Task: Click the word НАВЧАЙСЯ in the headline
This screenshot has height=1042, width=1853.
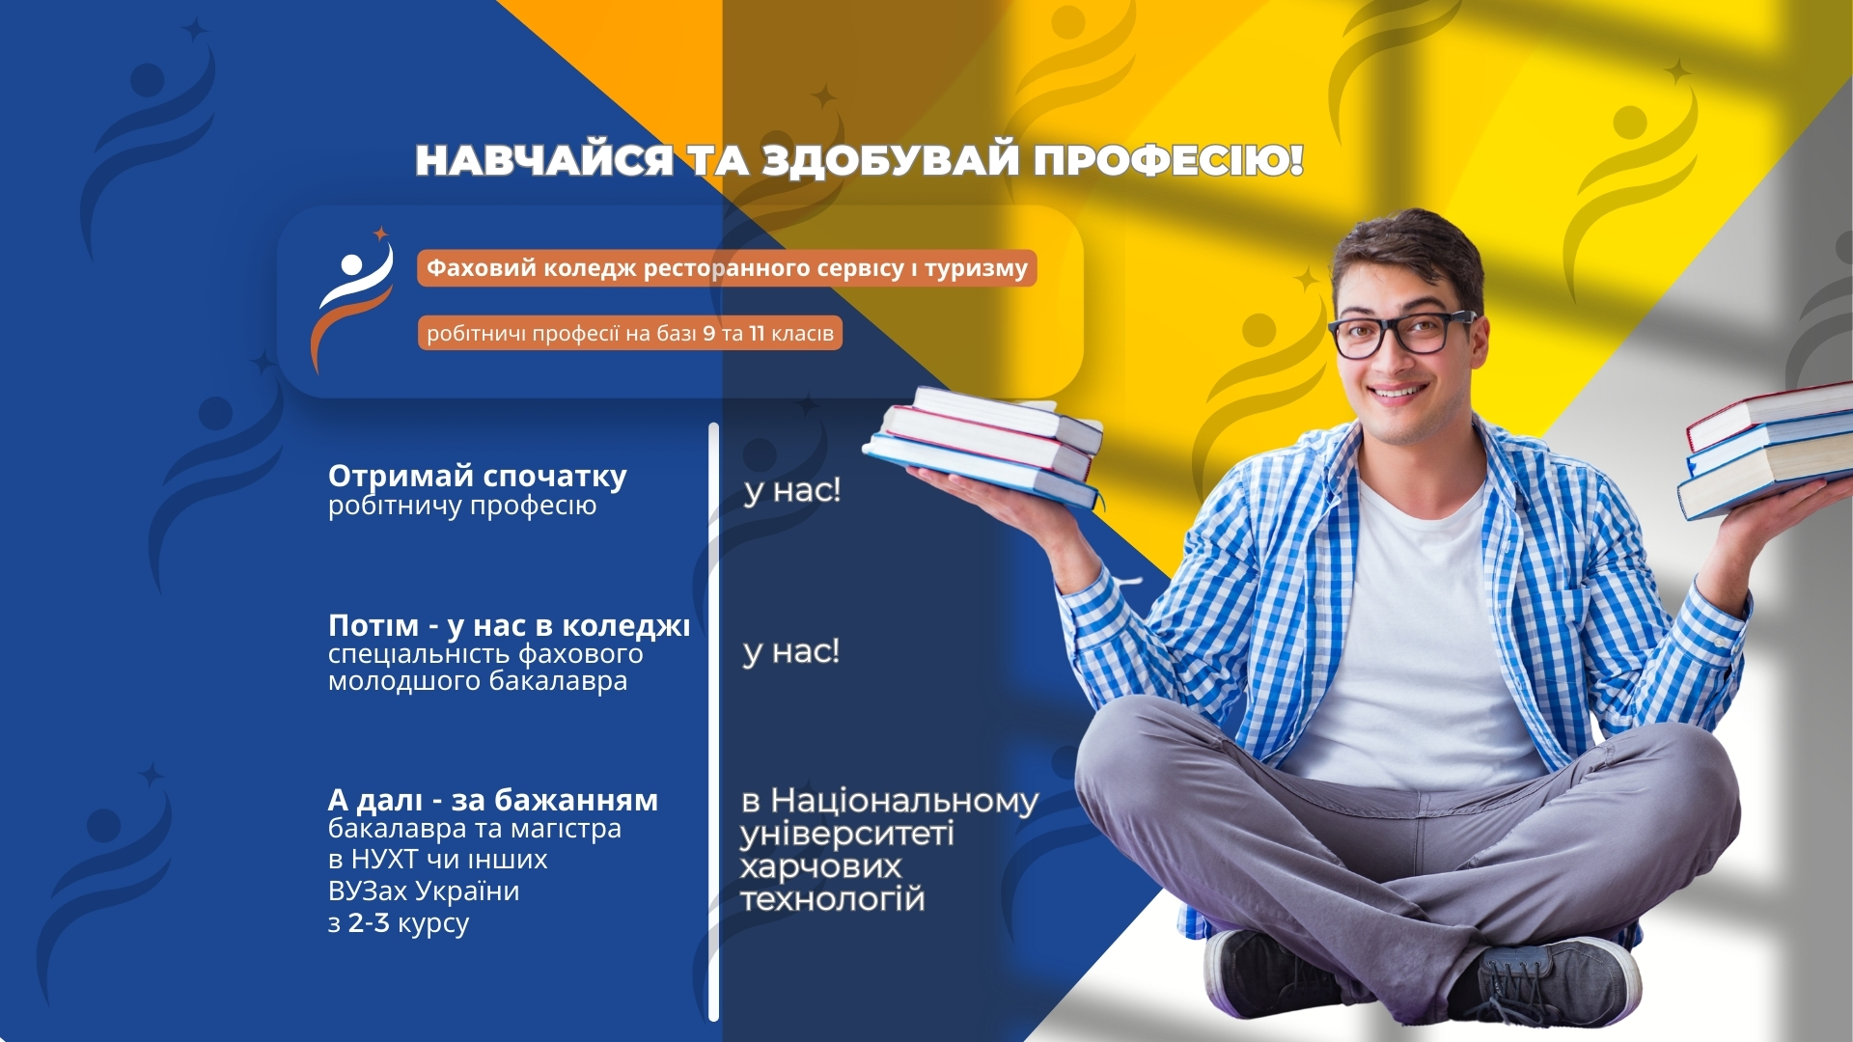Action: click(544, 160)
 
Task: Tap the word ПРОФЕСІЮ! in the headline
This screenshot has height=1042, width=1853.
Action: click(1169, 160)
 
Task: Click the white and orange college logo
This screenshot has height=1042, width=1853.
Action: click(353, 300)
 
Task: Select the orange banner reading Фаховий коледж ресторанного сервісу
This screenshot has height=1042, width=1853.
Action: click(727, 268)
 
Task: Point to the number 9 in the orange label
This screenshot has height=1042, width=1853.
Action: click(708, 334)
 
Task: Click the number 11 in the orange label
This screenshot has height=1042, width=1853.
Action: click(757, 334)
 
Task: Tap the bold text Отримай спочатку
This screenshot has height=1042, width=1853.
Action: click(478, 477)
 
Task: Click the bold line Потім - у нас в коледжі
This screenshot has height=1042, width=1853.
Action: click(510, 626)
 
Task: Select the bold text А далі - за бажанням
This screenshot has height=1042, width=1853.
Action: click(493, 801)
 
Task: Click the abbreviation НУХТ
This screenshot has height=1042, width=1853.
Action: click(384, 859)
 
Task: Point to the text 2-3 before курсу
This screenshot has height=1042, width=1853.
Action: click(369, 923)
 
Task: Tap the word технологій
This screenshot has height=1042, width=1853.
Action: click(832, 899)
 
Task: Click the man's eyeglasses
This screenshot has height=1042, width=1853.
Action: click(1401, 333)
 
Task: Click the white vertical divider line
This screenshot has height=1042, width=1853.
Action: click(713, 722)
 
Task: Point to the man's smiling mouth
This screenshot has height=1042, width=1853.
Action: click(1399, 392)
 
